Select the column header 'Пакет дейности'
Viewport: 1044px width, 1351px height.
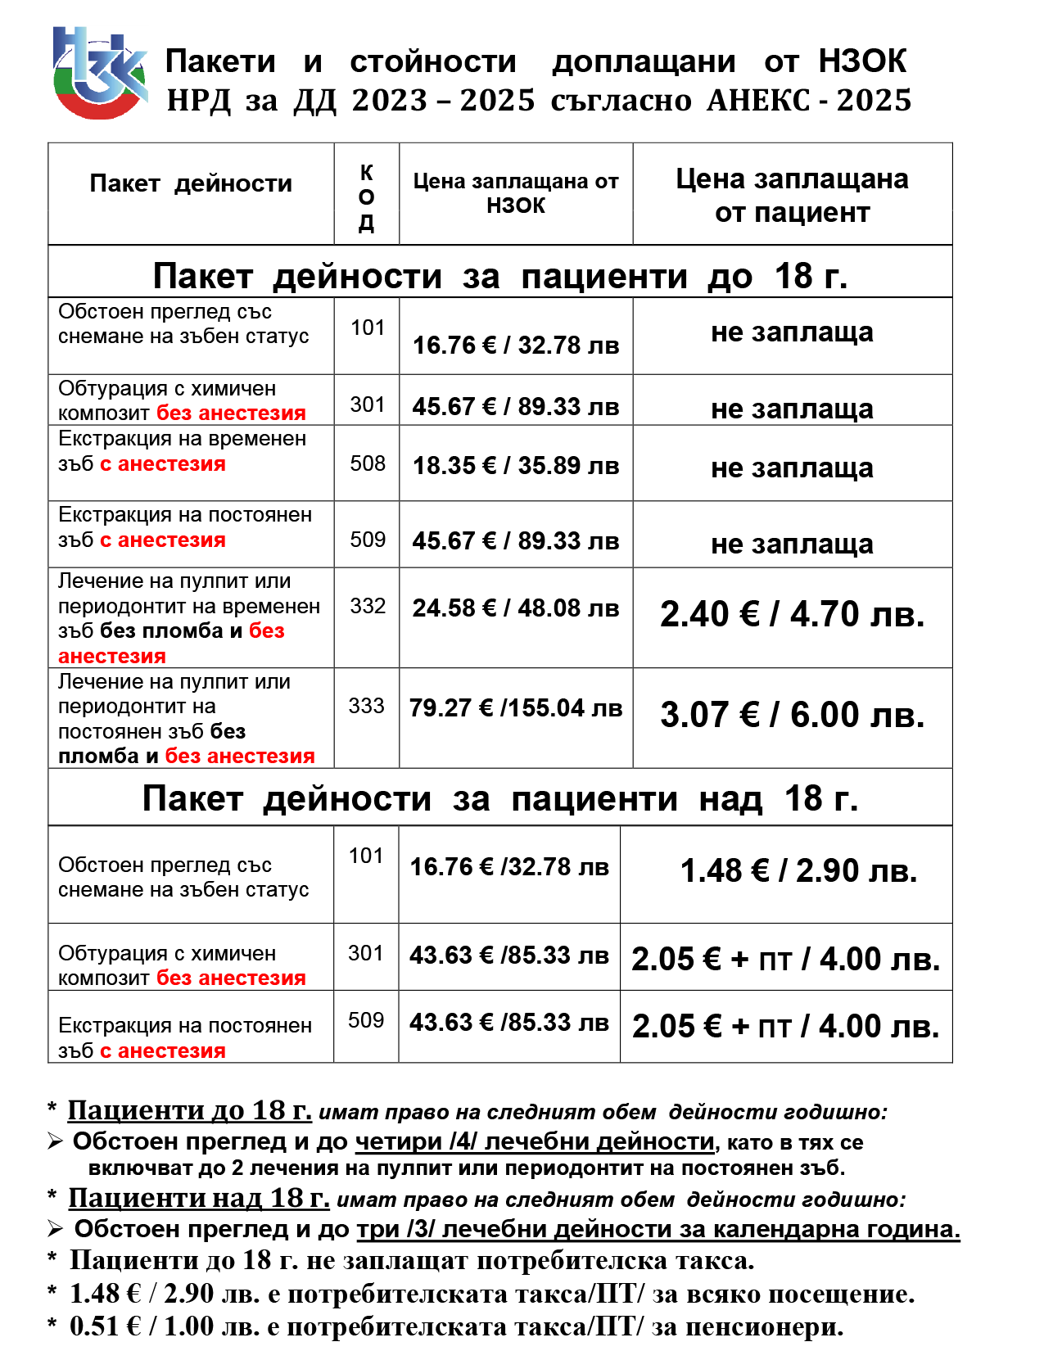[191, 183]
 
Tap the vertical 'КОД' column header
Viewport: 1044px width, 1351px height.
[367, 197]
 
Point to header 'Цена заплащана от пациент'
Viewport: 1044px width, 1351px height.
[792, 196]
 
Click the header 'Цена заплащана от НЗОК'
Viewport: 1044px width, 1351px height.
[516, 193]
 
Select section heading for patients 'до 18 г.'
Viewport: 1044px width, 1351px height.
[499, 276]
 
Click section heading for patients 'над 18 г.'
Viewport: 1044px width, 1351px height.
[499, 798]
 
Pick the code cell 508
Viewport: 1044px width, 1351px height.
[368, 463]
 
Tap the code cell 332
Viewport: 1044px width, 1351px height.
[368, 606]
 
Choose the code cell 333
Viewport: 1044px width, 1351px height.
[366, 706]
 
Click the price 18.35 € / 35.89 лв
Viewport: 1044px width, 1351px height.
[516, 466]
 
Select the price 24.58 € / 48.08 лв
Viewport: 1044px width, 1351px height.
[516, 608]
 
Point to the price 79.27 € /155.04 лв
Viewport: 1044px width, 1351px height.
[516, 708]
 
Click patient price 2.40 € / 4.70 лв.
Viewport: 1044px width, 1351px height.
[792, 614]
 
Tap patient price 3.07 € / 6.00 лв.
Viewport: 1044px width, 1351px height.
[792, 715]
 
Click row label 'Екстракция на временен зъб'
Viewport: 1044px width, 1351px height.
[182, 451]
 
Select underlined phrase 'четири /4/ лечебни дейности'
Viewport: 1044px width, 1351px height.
[535, 1141]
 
